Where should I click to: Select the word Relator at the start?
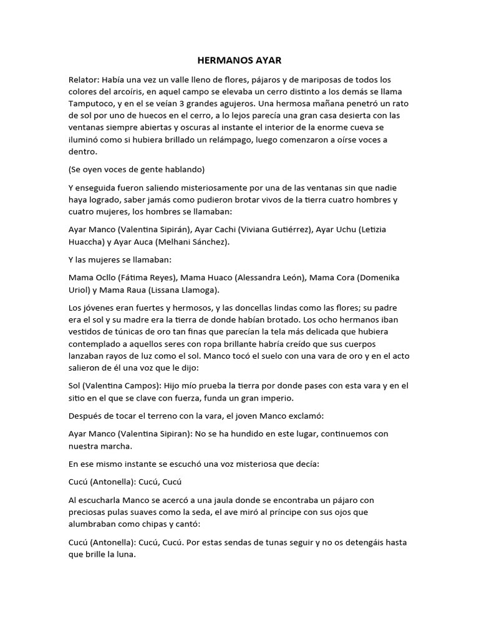tap(83, 80)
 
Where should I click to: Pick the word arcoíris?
tap(125, 92)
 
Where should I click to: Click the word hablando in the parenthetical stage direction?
tap(186, 169)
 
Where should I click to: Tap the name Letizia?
tap(372, 229)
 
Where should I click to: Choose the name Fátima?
tap(134, 277)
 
